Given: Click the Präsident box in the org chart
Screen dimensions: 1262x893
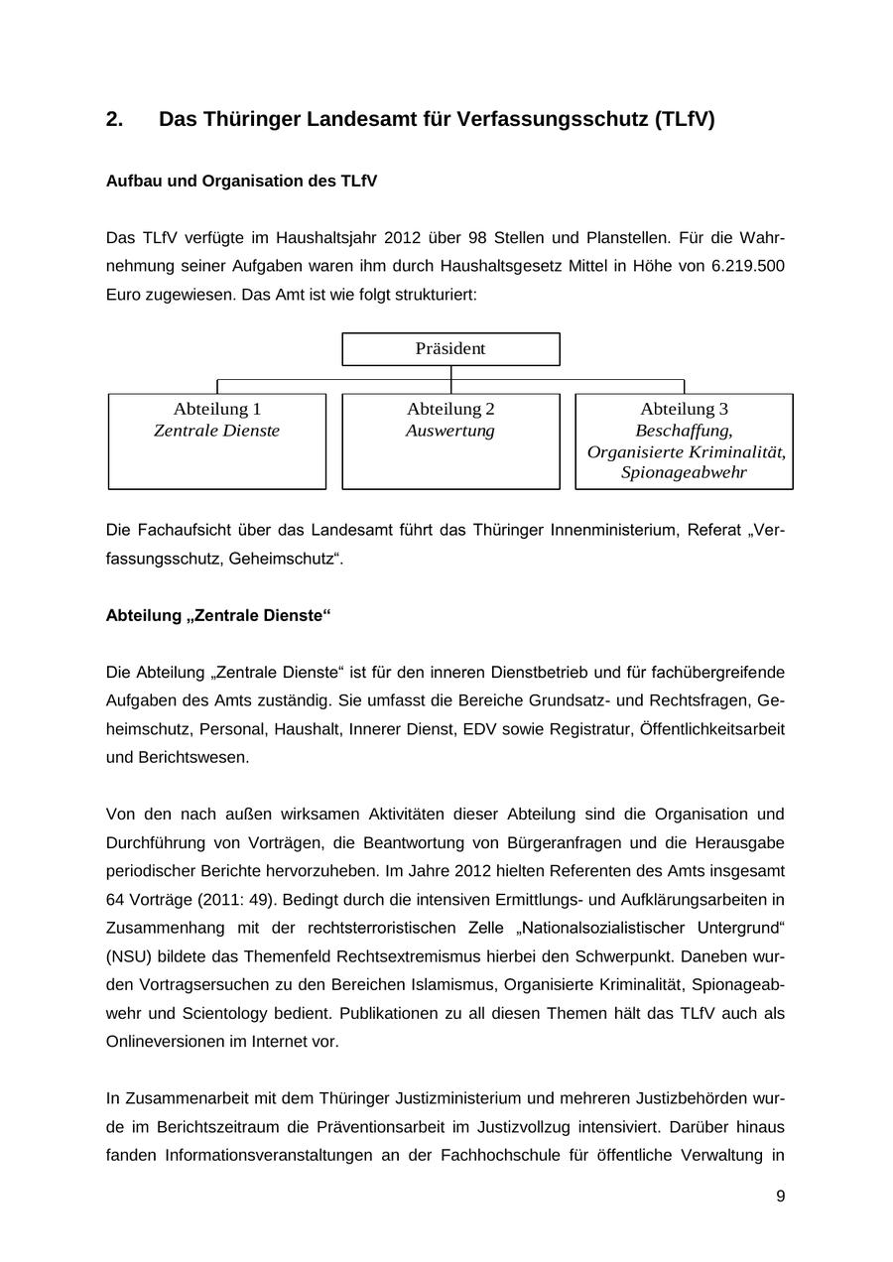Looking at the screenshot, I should [450, 349].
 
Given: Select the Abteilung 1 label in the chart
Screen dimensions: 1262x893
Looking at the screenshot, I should [217, 409].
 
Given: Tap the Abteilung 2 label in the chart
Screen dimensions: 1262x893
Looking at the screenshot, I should [450, 409].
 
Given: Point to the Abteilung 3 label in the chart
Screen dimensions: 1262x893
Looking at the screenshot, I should [684, 409].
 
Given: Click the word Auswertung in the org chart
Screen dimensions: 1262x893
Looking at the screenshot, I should [449, 431].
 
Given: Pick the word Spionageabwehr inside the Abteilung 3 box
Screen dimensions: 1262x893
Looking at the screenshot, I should [684, 472].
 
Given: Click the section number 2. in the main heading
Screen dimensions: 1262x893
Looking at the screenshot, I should [115, 120].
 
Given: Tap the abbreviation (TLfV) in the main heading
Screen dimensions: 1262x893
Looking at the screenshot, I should [684, 120].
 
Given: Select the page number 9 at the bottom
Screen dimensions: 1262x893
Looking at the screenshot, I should [780, 1197].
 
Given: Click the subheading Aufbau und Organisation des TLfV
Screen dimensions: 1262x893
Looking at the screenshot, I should [241, 182].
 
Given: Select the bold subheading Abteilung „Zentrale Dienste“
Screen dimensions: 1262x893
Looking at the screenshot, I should [218, 616].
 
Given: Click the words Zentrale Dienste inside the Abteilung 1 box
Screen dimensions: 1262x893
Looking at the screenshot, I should [216, 431].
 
